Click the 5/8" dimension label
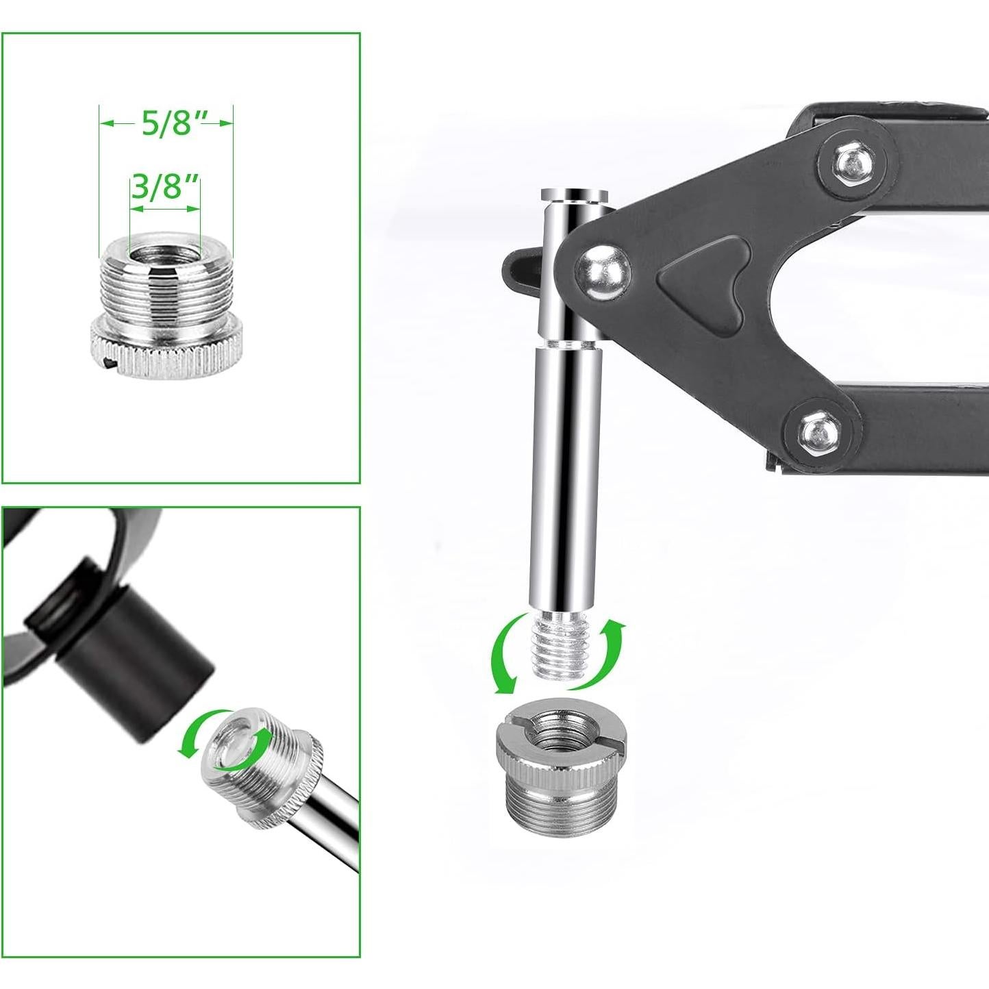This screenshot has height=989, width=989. coord(166,123)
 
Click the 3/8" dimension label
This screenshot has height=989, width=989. coord(165,187)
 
